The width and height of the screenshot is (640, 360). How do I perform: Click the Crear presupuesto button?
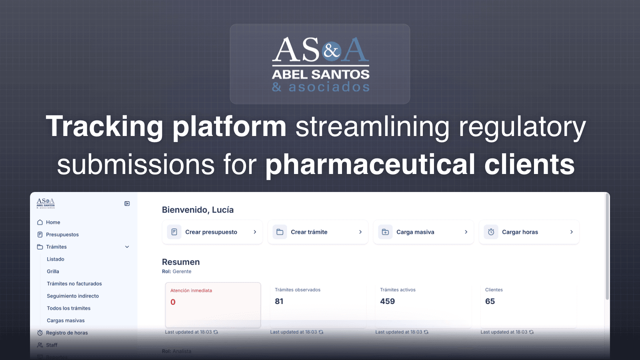212,232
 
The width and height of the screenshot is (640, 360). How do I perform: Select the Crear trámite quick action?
318,232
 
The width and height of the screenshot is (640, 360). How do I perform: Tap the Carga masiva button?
423,232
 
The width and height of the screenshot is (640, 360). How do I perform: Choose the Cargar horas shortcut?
529,232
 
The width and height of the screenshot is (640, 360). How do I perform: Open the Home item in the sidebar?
53,222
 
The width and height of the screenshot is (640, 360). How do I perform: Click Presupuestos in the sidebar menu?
62,235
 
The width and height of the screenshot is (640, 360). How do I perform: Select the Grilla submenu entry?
53,272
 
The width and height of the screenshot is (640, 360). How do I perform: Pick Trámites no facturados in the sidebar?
74,284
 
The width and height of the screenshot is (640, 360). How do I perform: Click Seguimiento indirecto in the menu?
72,296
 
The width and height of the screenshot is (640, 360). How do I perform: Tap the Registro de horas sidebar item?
66,333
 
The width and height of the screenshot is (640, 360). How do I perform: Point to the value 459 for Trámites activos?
387,302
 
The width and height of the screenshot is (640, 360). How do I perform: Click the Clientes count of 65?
490,302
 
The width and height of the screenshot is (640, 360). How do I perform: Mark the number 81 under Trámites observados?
279,302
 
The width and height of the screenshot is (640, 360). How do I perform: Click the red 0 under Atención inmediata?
173,302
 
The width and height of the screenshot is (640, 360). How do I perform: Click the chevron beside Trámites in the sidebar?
127,247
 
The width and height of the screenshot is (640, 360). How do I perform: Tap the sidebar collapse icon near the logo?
127,204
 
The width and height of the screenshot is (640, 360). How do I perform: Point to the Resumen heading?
181,262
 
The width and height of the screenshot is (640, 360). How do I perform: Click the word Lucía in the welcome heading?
223,210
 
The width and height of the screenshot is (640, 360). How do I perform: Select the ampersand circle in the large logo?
332,51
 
